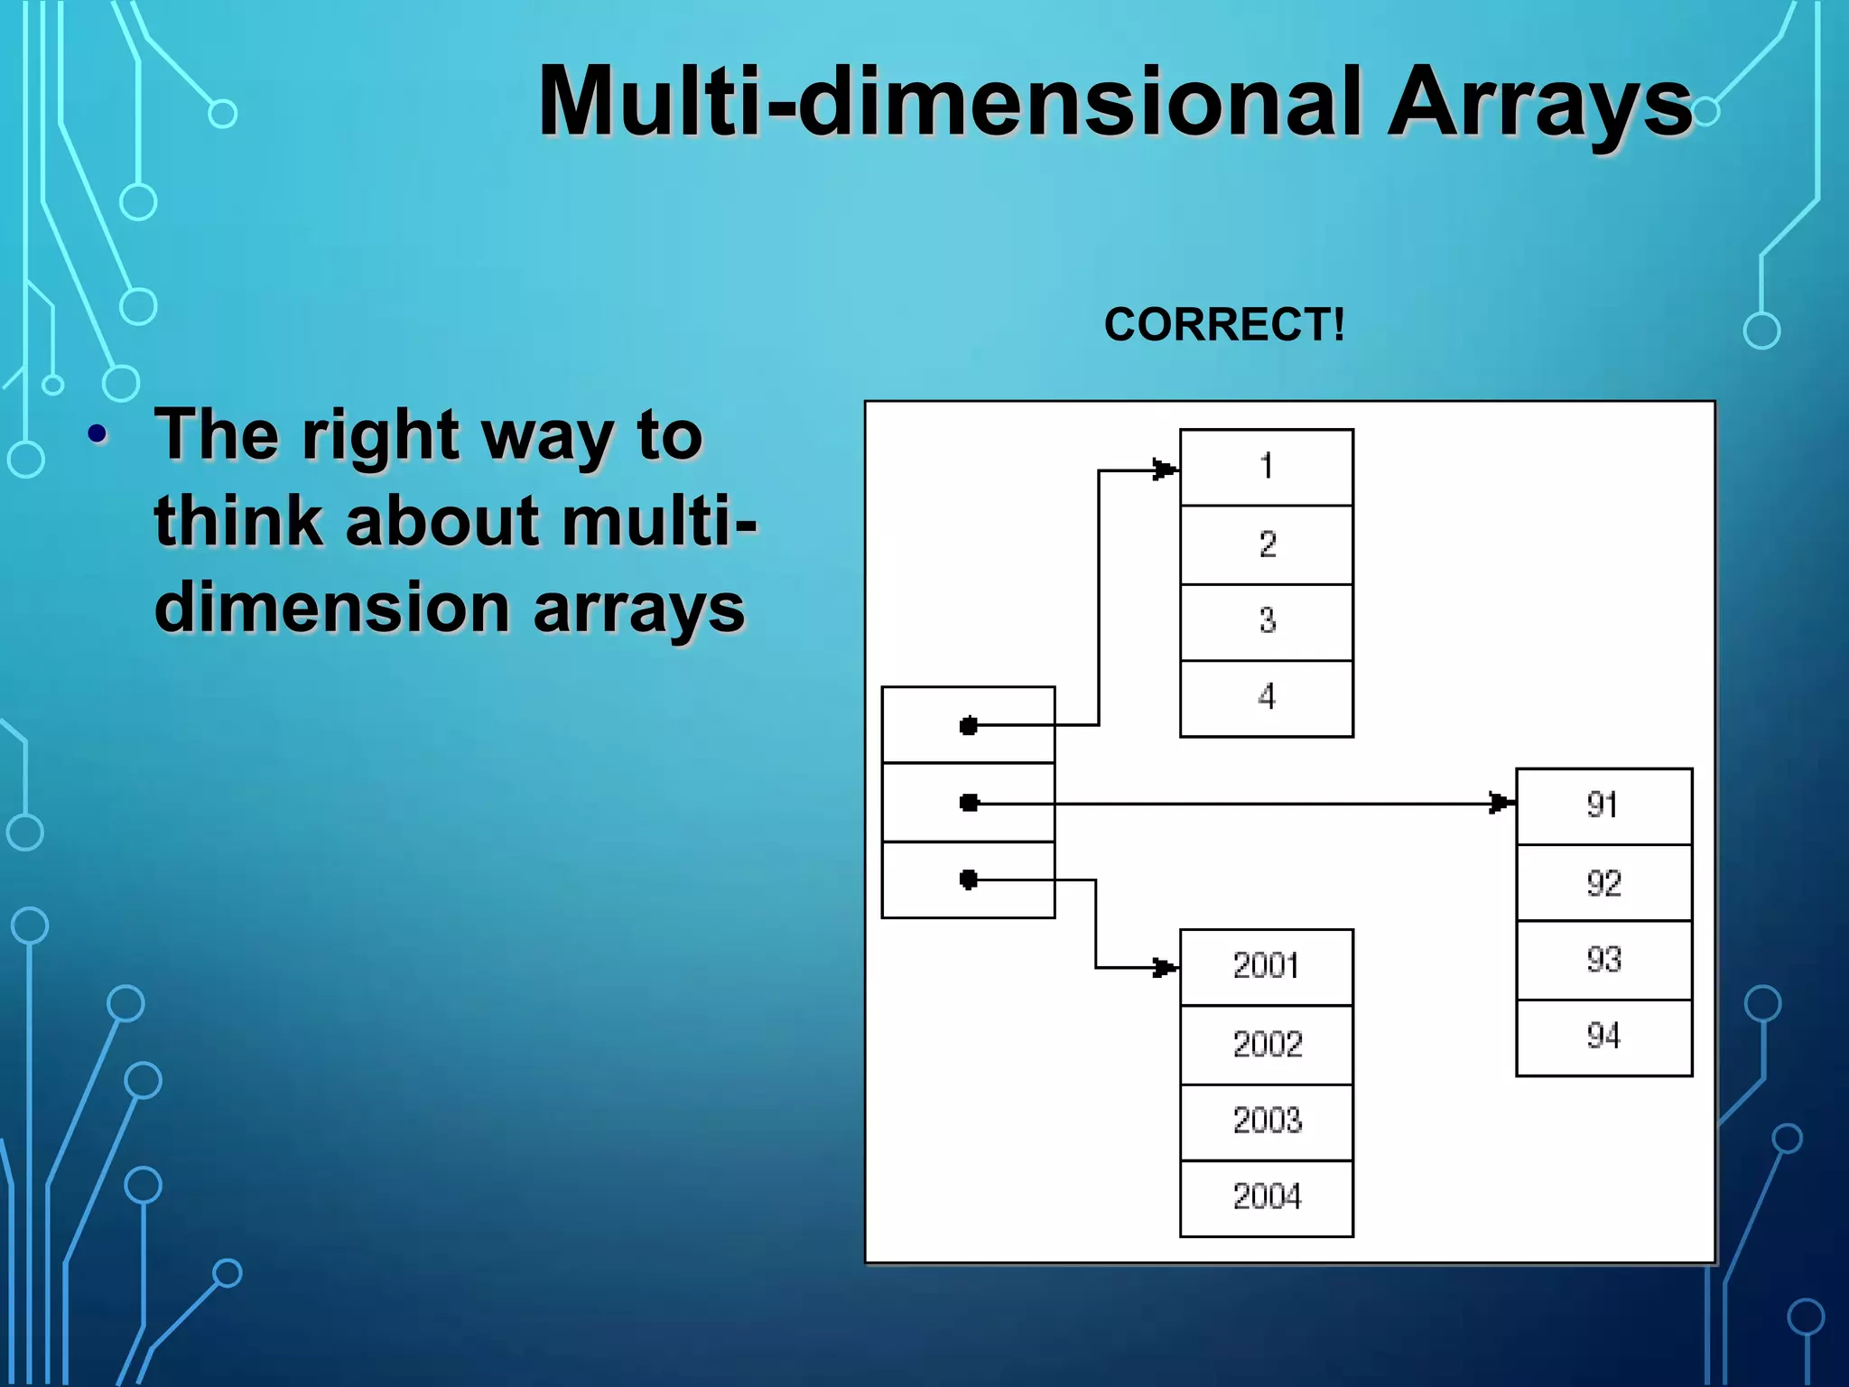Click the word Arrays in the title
[x=1538, y=104]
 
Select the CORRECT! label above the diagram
[x=1224, y=324]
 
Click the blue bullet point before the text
[x=98, y=435]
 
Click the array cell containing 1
[x=1266, y=467]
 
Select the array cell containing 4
[x=1266, y=698]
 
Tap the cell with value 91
[x=1603, y=805]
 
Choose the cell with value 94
[x=1603, y=1037]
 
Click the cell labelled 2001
[x=1266, y=966]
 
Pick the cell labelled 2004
[x=1266, y=1197]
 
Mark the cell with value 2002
[x=1266, y=1045]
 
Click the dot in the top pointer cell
[x=969, y=725]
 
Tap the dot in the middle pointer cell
[x=969, y=803]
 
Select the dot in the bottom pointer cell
[x=969, y=880]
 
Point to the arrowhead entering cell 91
[x=1501, y=803]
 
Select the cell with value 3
[x=1266, y=621]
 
